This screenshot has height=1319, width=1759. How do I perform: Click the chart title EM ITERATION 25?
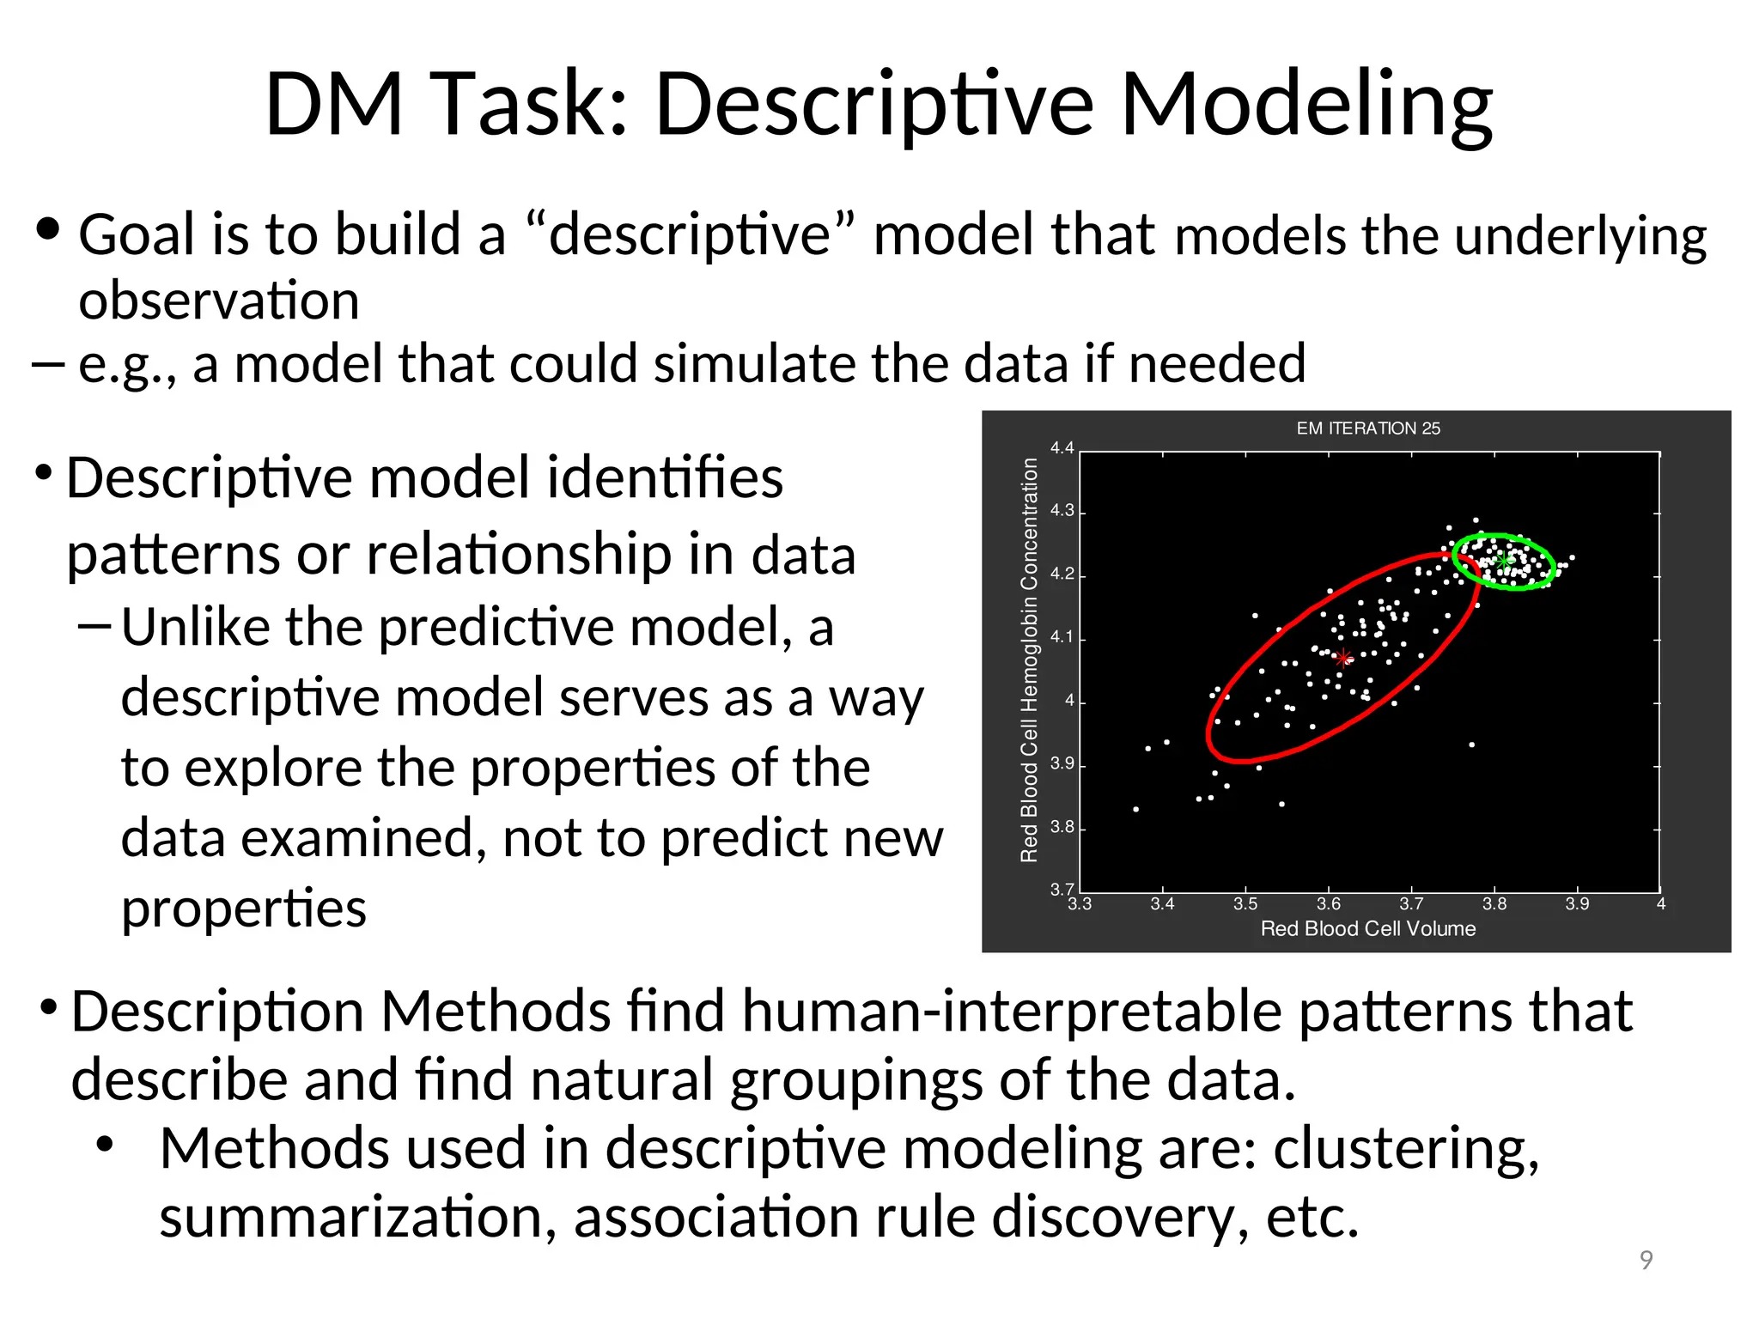[x=1367, y=428]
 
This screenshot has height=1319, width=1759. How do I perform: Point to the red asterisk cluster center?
[x=1343, y=659]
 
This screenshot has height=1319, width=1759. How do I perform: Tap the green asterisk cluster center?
[x=1504, y=560]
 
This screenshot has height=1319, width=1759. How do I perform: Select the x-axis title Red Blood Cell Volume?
[x=1367, y=928]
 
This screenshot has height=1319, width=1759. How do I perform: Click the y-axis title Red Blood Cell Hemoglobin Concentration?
[x=1029, y=659]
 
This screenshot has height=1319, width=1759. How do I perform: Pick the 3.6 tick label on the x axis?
[x=1328, y=904]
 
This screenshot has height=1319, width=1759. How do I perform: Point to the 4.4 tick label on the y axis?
[x=1062, y=448]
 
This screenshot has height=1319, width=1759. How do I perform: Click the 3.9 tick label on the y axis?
[x=1062, y=763]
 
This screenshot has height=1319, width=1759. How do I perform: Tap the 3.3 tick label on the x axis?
[x=1080, y=904]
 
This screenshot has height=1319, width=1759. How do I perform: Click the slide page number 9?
[x=1646, y=1260]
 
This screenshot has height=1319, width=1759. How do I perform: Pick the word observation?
[x=219, y=301]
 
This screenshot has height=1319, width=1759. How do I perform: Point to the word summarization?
[x=357, y=1218]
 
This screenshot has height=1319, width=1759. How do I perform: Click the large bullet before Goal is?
[x=48, y=229]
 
